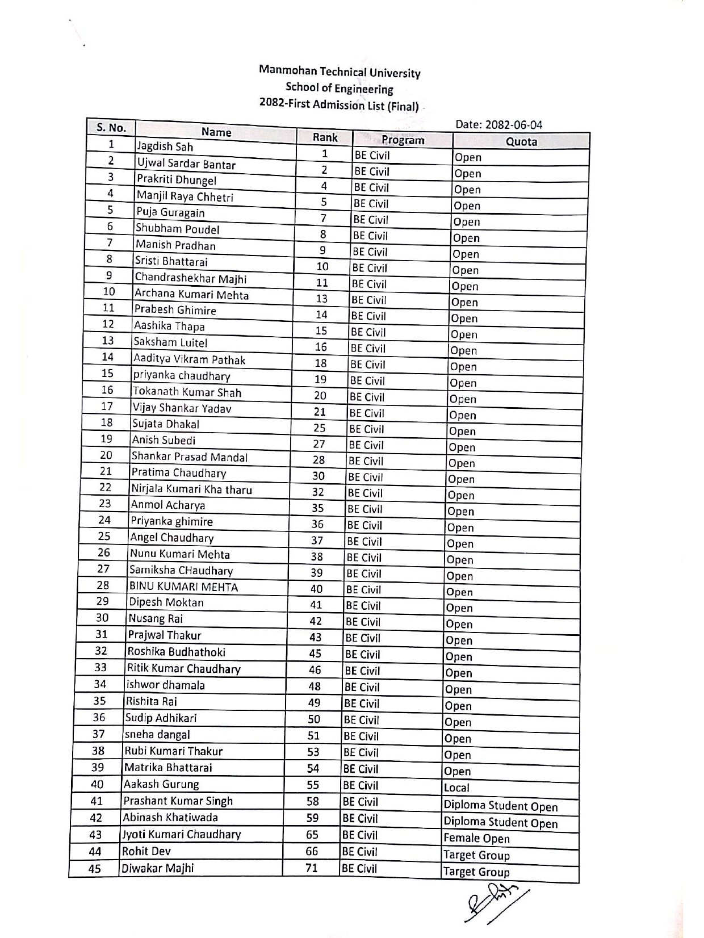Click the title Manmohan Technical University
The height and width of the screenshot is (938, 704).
click(340, 72)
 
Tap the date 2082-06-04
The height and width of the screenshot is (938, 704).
click(498, 125)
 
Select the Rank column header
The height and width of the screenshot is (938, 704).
click(325, 137)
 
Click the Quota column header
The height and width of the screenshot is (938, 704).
click(521, 141)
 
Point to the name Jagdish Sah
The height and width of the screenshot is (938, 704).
click(165, 146)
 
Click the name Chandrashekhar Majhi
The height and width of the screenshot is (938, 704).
click(190, 278)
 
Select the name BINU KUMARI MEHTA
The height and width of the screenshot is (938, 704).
click(183, 587)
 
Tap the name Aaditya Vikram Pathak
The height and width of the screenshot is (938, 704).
click(189, 359)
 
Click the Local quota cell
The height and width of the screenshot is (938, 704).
click(456, 788)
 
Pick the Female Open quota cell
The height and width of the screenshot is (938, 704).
click(476, 838)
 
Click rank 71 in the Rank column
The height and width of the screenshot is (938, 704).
click(312, 868)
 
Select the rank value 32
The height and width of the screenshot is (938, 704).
click(318, 492)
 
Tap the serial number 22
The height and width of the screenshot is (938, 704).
click(105, 487)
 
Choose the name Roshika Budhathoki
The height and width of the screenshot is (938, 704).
click(176, 652)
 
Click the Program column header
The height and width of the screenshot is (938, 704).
click(403, 140)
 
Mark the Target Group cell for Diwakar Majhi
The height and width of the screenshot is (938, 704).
click(476, 872)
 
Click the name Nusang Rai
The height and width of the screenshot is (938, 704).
click(155, 618)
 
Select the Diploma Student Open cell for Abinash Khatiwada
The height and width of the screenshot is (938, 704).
click(500, 823)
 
